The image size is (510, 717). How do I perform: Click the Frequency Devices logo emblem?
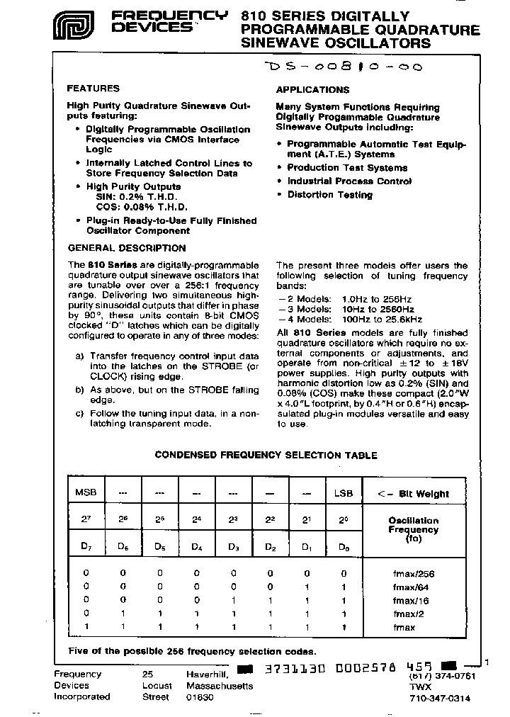(x=75, y=28)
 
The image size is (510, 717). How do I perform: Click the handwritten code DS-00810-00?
(x=342, y=67)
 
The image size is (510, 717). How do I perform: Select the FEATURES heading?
(x=93, y=89)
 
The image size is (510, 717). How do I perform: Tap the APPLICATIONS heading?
(x=312, y=90)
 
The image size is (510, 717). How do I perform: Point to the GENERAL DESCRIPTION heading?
(x=127, y=248)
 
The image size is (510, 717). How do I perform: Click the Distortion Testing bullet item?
(x=329, y=195)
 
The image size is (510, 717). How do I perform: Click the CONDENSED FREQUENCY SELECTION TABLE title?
(x=266, y=456)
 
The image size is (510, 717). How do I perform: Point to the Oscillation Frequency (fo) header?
(x=414, y=529)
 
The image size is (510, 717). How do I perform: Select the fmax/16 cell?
(x=414, y=600)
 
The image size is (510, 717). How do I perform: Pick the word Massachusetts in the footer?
(x=220, y=686)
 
